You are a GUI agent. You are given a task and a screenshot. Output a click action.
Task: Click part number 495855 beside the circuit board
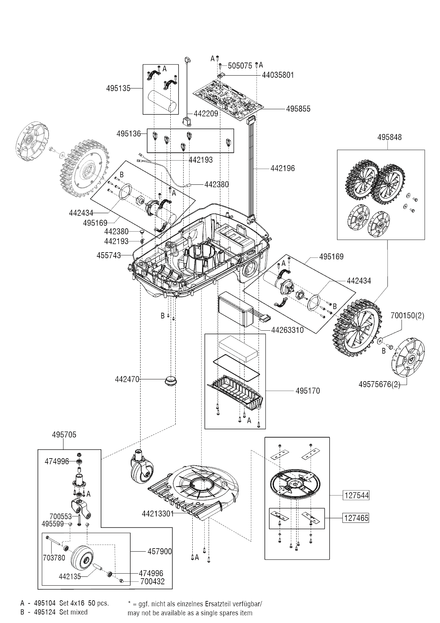click(298, 109)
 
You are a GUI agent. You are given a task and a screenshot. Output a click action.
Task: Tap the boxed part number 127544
click(356, 495)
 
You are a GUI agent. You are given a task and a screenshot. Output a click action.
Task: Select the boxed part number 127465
click(356, 518)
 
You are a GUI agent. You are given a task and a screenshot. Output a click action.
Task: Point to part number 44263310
click(287, 330)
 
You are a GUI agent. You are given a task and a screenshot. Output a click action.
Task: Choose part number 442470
click(127, 379)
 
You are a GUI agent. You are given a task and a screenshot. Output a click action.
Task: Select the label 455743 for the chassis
click(109, 255)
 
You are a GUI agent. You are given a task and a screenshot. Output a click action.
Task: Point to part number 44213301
click(158, 514)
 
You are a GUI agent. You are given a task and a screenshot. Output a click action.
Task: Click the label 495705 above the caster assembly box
click(64, 435)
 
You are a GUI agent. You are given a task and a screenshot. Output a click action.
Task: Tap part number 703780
click(54, 558)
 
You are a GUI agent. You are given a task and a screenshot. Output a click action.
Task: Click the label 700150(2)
click(407, 316)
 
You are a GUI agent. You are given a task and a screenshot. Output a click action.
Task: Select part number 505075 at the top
click(240, 66)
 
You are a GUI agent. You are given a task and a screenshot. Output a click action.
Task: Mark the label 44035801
click(278, 75)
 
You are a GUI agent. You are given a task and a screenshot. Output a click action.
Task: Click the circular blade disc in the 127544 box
click(295, 484)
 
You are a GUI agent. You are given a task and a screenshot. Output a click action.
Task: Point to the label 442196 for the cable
click(282, 168)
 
